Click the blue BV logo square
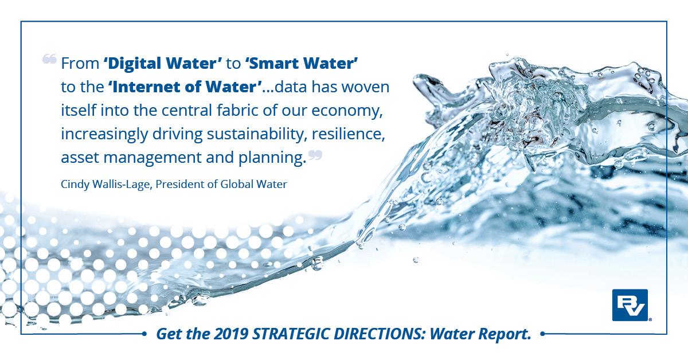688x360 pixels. click(x=630, y=305)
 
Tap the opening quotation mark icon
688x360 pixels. click(x=49, y=58)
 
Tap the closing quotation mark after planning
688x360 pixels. click(x=315, y=155)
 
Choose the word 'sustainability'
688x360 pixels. click(x=257, y=134)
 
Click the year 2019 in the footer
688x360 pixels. click(x=231, y=334)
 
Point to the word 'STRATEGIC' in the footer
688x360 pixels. click(x=291, y=334)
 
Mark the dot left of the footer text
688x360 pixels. click(x=144, y=334)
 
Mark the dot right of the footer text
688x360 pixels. click(x=543, y=333)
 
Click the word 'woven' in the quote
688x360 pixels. click(x=366, y=87)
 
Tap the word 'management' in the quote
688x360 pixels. click(x=153, y=158)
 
